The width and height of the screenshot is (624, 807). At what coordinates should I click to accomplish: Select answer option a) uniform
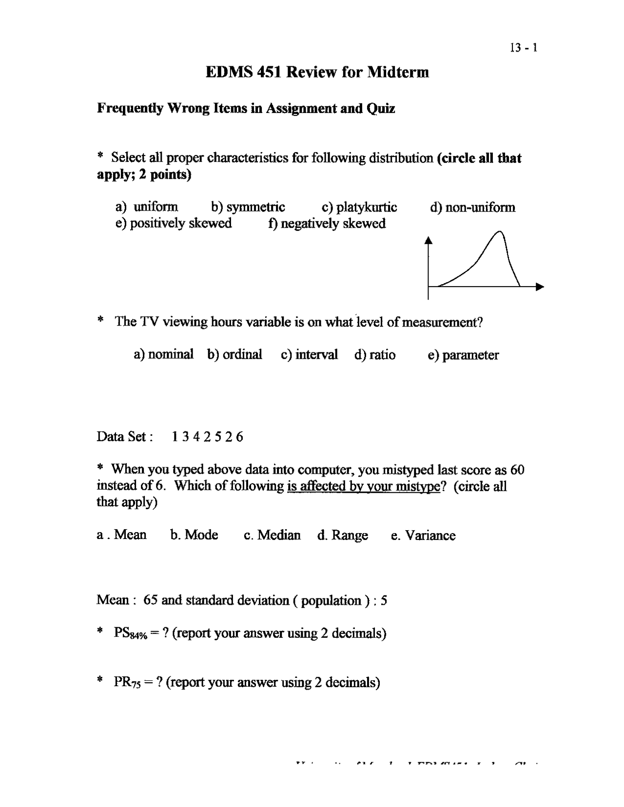pos(147,207)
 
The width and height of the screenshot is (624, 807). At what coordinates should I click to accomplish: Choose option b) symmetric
pos(248,207)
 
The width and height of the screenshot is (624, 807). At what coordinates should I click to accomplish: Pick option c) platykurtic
pos(359,207)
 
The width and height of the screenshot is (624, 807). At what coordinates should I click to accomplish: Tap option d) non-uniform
pos(472,208)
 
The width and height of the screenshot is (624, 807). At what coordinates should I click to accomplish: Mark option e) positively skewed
pos(174,223)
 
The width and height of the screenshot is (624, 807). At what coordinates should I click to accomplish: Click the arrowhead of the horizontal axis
pos(540,287)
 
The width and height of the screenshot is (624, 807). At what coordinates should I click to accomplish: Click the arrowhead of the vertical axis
pos(429,239)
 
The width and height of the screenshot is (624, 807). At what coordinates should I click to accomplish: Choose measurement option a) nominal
pos(163,354)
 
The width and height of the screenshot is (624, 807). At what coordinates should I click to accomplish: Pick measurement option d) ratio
pos(375,355)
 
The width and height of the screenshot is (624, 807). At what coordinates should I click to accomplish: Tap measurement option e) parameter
pos(463,355)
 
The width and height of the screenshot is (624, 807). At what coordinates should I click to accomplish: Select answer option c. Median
pos(272,535)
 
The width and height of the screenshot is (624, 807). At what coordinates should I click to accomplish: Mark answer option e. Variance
pos(423,536)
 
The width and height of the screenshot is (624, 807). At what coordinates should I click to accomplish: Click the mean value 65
pos(150,600)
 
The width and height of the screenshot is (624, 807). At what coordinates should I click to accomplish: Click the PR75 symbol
pos(127,682)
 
